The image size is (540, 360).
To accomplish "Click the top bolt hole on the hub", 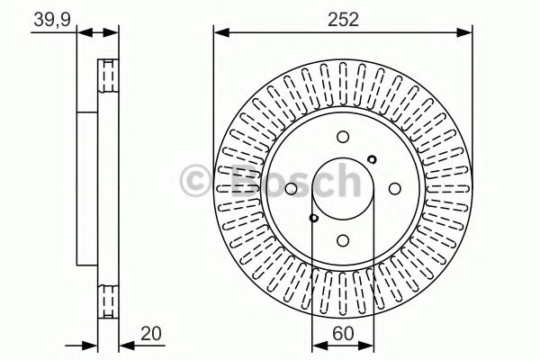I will click(343, 137).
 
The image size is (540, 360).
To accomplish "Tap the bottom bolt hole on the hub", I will click(343, 239).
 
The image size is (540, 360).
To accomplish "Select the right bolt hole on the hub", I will click(394, 188).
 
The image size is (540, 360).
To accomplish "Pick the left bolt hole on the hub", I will click(292, 188).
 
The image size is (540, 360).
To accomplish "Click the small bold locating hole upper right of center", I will click(373, 159).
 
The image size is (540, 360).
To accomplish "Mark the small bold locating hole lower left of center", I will click(313, 217).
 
